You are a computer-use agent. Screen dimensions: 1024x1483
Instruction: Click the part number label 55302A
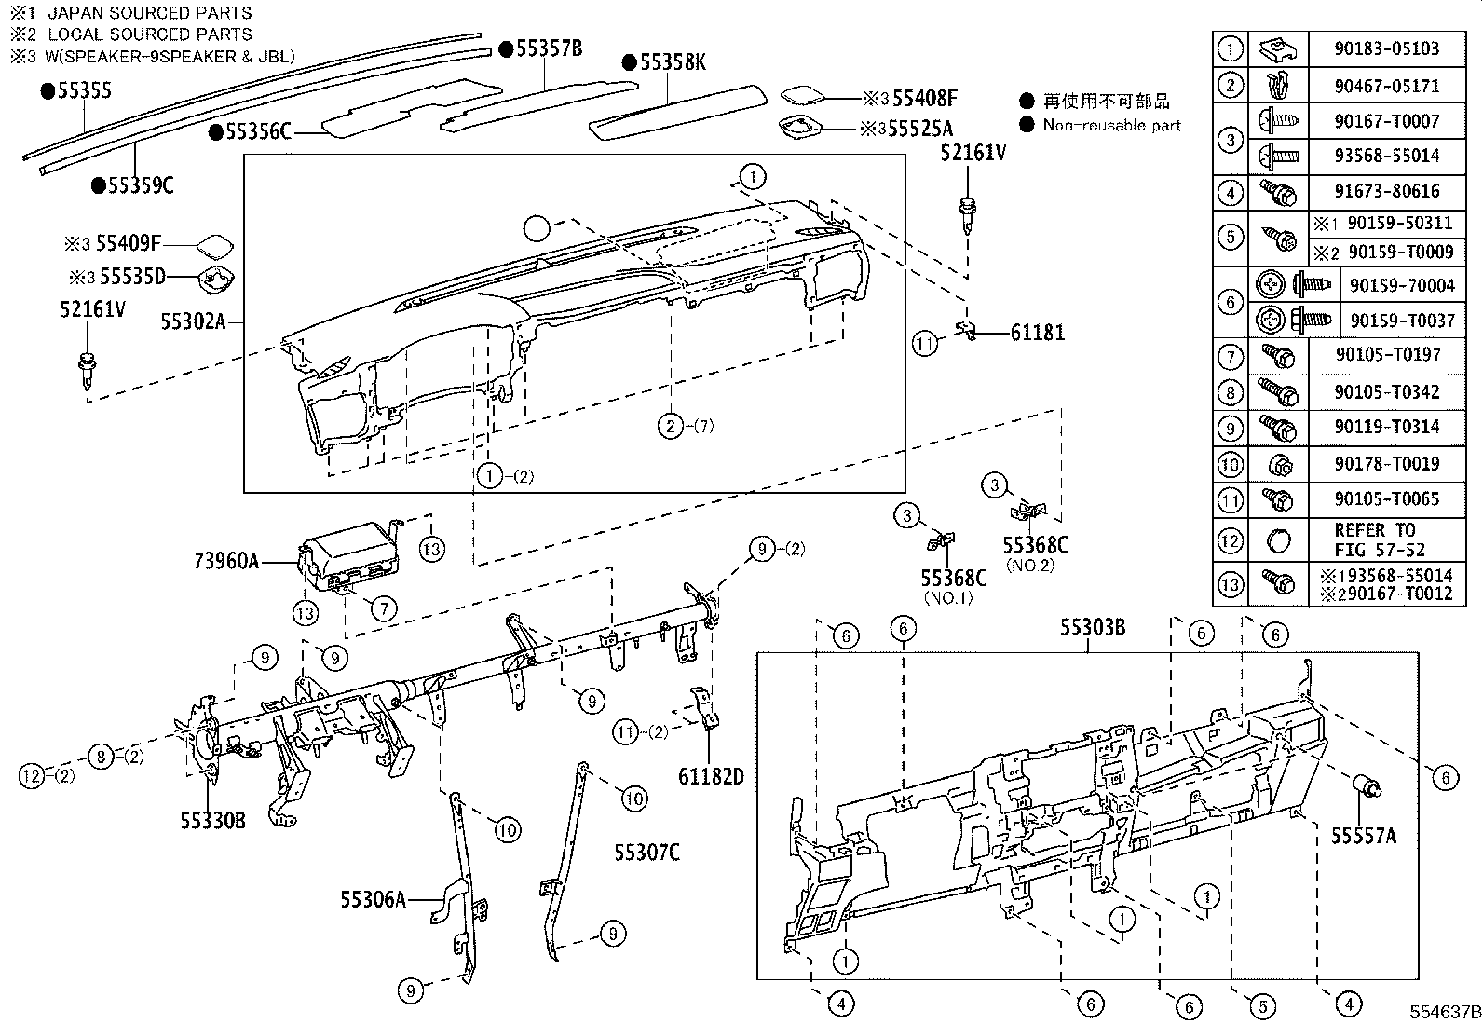(193, 321)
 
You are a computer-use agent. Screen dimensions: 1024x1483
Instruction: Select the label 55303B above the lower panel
(1091, 628)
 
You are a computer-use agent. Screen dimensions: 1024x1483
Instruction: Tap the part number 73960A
(226, 561)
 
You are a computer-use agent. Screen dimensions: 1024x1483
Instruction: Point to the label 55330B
(213, 820)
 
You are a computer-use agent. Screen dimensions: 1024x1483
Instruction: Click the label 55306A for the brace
(373, 899)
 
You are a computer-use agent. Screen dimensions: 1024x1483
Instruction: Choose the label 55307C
(646, 852)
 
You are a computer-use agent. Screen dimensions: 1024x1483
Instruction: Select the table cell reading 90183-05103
(1386, 48)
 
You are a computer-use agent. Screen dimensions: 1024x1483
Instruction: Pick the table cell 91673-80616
(1386, 192)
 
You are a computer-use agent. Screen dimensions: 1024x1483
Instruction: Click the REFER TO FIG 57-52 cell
(1379, 540)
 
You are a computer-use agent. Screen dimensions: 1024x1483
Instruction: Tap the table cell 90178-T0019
(1386, 463)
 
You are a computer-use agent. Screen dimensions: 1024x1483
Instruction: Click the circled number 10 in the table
(1231, 463)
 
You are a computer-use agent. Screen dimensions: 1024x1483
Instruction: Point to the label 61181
(1038, 333)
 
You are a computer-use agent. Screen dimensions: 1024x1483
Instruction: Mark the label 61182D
(711, 776)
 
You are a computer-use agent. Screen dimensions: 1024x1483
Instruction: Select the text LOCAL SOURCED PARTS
(149, 34)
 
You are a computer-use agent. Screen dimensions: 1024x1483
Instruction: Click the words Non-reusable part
(1111, 125)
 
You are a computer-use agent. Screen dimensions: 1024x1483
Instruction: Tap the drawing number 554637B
(1444, 1012)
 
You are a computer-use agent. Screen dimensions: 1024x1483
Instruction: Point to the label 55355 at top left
(84, 90)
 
